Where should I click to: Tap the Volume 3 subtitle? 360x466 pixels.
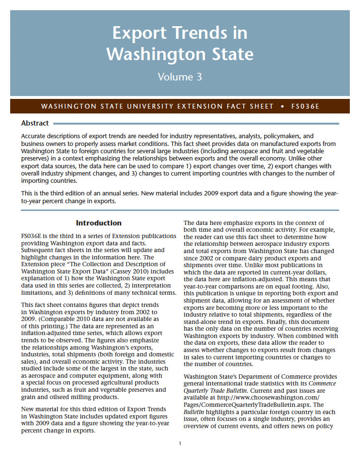click(x=180, y=77)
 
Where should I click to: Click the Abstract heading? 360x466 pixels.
click(x=35, y=124)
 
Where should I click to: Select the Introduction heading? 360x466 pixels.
click(x=99, y=223)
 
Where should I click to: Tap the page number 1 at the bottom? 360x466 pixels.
click(x=180, y=443)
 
